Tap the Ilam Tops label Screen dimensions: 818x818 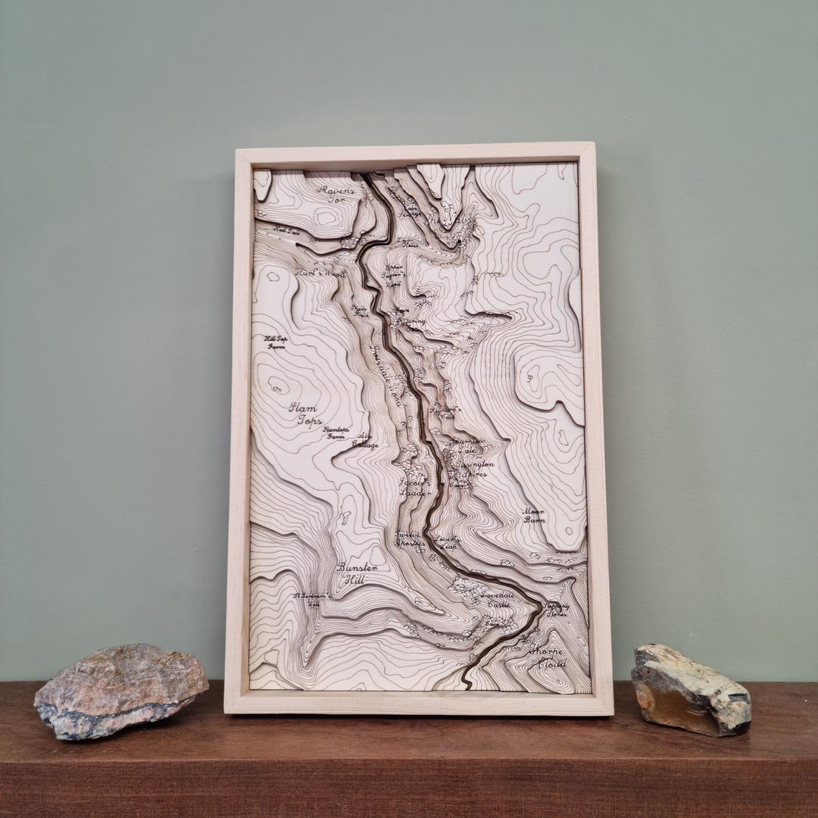tap(305, 414)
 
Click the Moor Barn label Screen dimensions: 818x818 tap(534, 516)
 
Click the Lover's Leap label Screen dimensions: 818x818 tap(447, 542)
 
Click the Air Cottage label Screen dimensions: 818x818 tap(363, 440)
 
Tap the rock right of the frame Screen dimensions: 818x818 tap(690, 688)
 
